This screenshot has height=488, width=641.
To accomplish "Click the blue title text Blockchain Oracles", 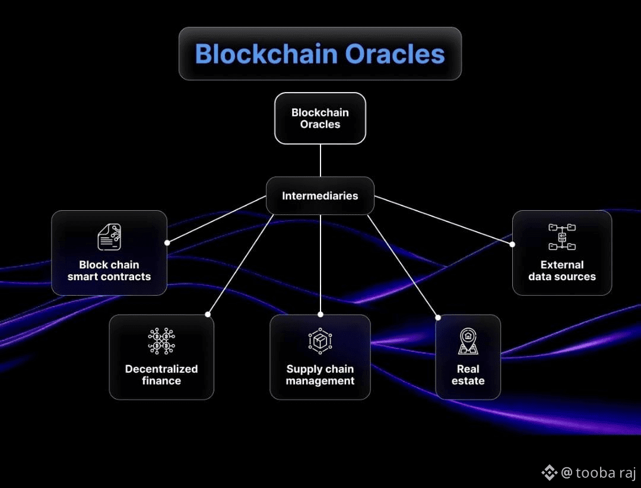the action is [x=320, y=54].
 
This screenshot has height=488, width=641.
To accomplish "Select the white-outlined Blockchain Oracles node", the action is [x=320, y=118].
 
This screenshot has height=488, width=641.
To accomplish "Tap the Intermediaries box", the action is [x=320, y=195].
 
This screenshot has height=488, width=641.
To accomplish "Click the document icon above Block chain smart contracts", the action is [x=109, y=237].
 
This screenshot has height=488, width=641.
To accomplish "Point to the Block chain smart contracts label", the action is [x=109, y=271].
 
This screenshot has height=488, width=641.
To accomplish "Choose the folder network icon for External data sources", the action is [x=562, y=237].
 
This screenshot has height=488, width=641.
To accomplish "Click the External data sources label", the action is [x=562, y=271].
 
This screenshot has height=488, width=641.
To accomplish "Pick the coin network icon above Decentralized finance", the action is [x=161, y=341].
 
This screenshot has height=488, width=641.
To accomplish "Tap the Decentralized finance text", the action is [x=161, y=375].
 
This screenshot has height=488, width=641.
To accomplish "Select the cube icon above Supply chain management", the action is [x=320, y=341].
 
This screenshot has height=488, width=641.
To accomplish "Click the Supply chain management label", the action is [x=320, y=375].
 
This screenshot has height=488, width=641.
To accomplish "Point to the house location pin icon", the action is [x=468, y=341].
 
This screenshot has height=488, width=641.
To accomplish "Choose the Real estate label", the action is [x=468, y=375].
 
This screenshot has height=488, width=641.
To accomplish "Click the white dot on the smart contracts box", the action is [x=167, y=243].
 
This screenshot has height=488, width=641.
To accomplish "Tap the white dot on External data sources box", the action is [x=512, y=244].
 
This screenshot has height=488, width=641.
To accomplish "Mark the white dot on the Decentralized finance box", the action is [x=208, y=314].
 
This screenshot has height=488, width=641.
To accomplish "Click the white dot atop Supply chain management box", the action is [x=320, y=314].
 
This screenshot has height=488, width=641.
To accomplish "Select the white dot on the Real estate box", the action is [x=438, y=318].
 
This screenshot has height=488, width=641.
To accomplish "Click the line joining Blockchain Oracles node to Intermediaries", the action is [x=320, y=160].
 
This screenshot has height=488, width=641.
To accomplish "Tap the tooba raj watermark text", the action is [x=606, y=473].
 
